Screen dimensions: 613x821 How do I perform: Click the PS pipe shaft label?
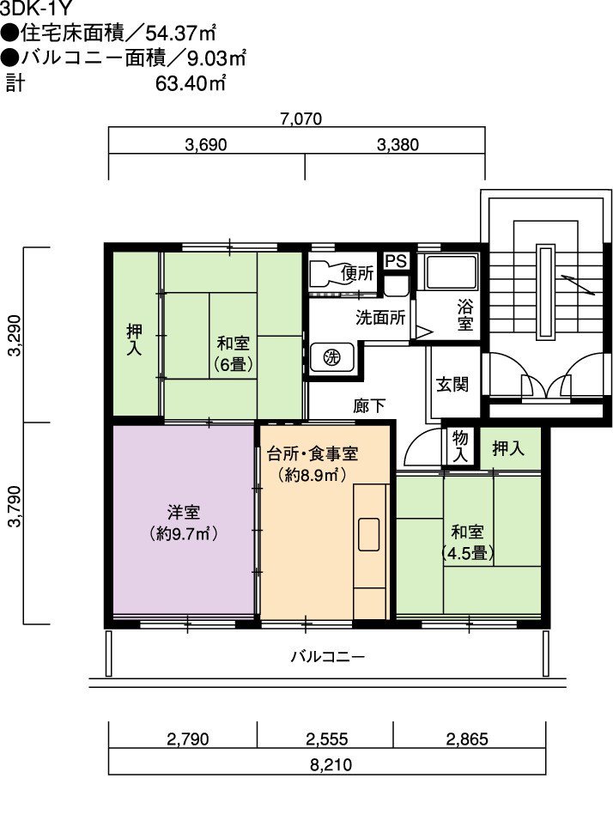coord(396,261)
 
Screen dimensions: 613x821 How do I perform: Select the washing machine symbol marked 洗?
coord(332,357)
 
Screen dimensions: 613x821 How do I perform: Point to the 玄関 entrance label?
coord(452,385)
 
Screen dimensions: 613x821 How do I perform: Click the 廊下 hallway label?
coord(369,406)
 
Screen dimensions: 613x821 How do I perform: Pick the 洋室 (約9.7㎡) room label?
coord(184,522)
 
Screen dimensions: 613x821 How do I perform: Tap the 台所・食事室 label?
coord(313,453)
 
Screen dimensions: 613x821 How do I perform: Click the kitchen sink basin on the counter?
coord(368,534)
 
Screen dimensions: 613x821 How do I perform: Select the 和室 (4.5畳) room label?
coord(467,543)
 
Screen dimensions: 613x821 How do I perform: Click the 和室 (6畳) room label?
coord(234,354)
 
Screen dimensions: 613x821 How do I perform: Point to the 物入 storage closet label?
coord(460,446)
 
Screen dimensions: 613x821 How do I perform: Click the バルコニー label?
coord(328,657)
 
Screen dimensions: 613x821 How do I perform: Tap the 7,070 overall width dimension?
coord(301,119)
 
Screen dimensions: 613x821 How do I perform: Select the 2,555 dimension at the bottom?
coord(326,739)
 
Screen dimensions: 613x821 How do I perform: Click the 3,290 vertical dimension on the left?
coord(15,335)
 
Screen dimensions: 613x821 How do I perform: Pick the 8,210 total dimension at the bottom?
coord(331,765)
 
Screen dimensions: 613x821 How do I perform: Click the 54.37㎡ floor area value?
coord(180,33)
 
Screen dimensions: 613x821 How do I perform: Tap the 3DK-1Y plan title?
coord(35,8)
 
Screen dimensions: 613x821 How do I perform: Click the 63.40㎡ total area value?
coord(190,83)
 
